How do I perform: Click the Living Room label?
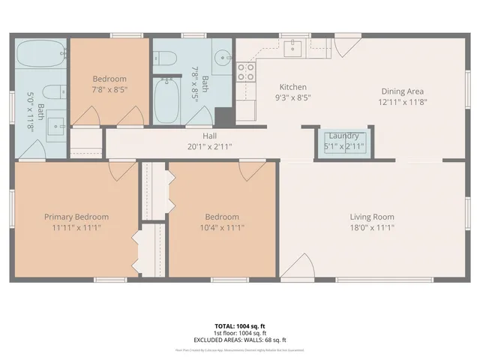371,217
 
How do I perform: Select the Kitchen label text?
293,86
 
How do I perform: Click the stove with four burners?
245,72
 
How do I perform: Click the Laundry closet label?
343,136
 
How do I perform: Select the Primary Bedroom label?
73,217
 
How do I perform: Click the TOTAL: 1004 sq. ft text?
240,326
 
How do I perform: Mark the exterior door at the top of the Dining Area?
346,46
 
